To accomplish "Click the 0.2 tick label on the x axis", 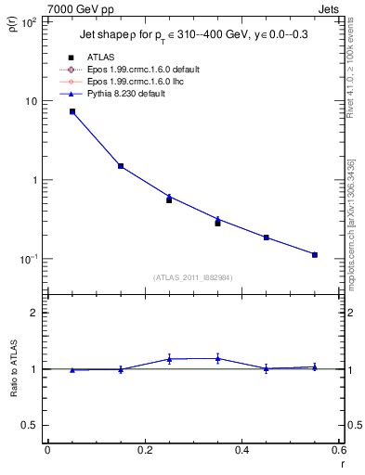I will (144, 450).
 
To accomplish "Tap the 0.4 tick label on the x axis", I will (241, 450).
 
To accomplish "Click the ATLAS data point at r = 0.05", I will (72, 111).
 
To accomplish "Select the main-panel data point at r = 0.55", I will (315, 254).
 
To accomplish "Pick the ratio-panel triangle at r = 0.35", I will (217, 358).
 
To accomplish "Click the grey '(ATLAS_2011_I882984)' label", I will (193, 277).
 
